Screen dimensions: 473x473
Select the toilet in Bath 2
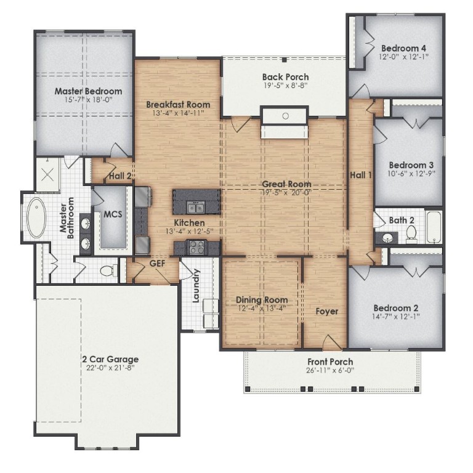[411, 232]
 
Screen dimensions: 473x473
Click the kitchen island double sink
[195, 207]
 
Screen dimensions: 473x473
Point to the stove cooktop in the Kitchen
[196, 248]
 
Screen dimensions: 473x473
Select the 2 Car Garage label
[110, 359]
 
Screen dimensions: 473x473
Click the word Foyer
[327, 311]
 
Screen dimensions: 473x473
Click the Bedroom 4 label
[404, 48]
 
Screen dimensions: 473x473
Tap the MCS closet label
[113, 214]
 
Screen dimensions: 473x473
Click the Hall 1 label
[362, 174]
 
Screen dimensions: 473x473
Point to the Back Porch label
[285, 77]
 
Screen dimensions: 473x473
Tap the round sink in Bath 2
[388, 237]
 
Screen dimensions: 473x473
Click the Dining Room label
[262, 300]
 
